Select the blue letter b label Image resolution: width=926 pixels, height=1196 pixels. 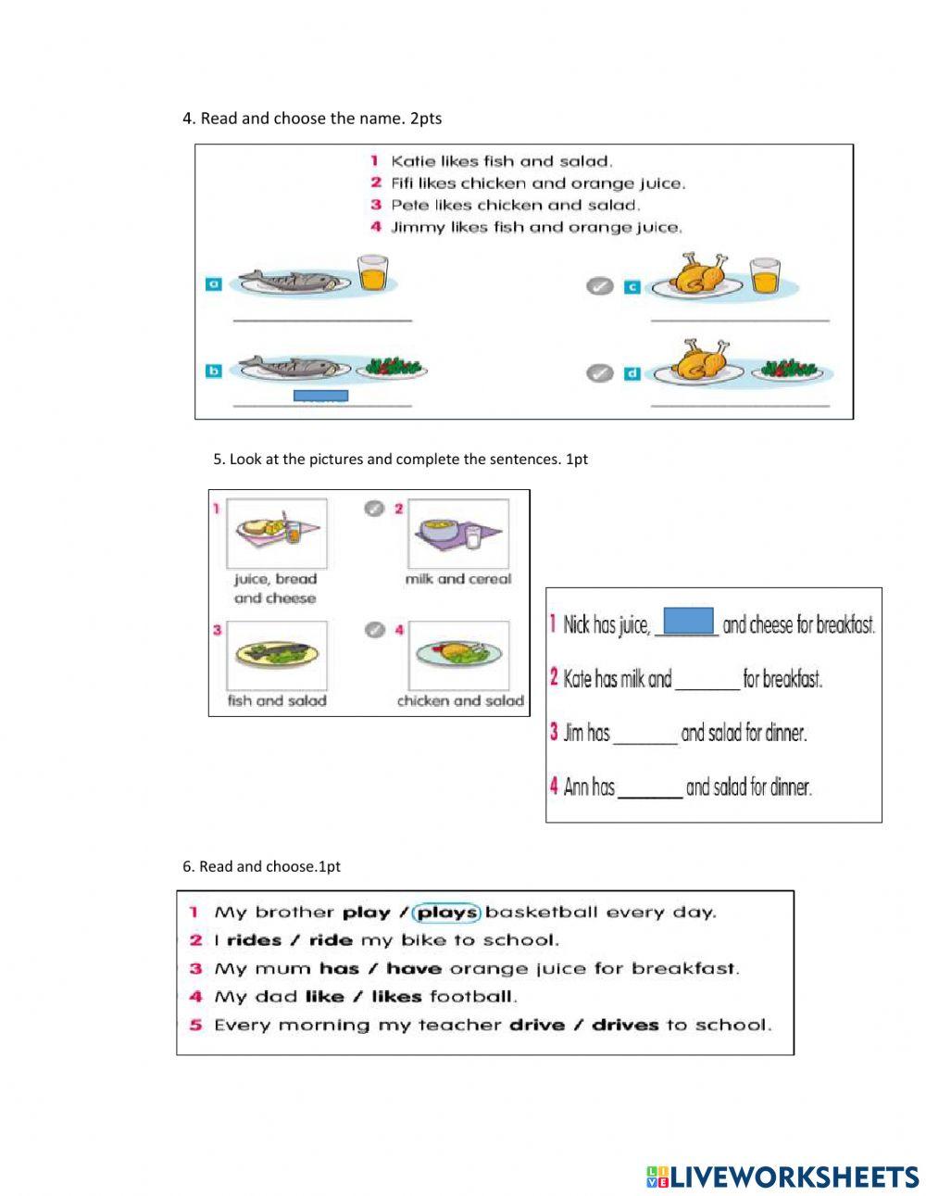coord(213,371)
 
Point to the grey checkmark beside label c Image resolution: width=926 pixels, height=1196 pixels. coord(599,286)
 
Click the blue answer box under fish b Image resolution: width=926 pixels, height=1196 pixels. coord(320,396)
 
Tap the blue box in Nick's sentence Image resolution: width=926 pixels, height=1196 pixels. coord(689,621)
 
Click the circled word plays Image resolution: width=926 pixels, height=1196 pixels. coord(446,913)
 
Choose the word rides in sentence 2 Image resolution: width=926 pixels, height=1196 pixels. coord(254,940)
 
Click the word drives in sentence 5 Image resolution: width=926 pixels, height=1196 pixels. coord(625,1025)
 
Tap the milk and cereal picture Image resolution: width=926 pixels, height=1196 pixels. coord(457,535)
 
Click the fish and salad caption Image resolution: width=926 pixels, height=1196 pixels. coord(277,701)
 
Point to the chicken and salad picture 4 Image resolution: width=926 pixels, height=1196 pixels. coord(458,655)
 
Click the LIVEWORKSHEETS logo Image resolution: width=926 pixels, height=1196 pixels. coord(782,1177)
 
